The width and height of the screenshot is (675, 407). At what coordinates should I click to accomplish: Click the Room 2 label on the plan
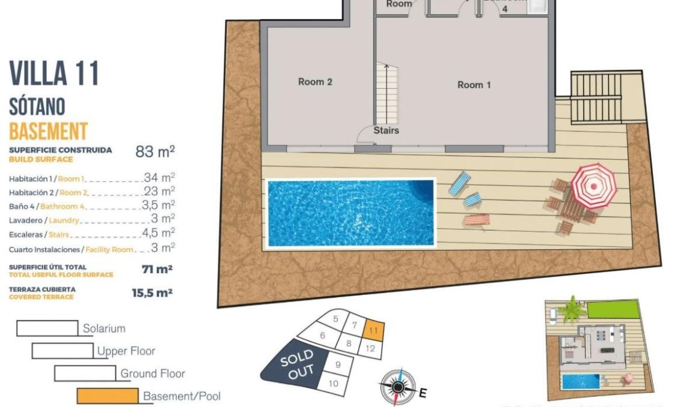(x=315, y=82)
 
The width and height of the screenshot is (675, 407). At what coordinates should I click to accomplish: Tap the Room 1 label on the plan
(x=474, y=85)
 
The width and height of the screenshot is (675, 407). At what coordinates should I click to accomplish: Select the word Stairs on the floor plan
(x=386, y=130)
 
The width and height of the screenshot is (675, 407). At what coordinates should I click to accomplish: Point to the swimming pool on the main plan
(x=350, y=213)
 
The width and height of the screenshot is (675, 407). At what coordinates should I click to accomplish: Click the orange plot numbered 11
(x=374, y=329)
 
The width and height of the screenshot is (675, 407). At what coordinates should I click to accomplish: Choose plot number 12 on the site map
(x=370, y=349)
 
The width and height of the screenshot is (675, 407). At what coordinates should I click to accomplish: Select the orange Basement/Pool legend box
(x=107, y=396)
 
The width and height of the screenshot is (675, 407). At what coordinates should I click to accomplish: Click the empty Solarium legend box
(x=47, y=328)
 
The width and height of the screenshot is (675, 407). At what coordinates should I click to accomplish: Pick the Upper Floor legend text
(x=126, y=351)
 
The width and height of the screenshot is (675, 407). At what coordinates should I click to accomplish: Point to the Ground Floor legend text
(x=152, y=373)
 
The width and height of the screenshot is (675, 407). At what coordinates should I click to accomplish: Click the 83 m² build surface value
(x=155, y=151)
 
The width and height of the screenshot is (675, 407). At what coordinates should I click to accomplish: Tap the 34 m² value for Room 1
(x=159, y=178)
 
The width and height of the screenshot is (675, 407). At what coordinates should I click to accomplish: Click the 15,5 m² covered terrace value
(x=152, y=293)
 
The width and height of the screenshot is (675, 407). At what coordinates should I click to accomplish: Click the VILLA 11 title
(x=54, y=74)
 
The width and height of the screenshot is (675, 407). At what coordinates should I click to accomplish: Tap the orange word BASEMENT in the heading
(x=49, y=131)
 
